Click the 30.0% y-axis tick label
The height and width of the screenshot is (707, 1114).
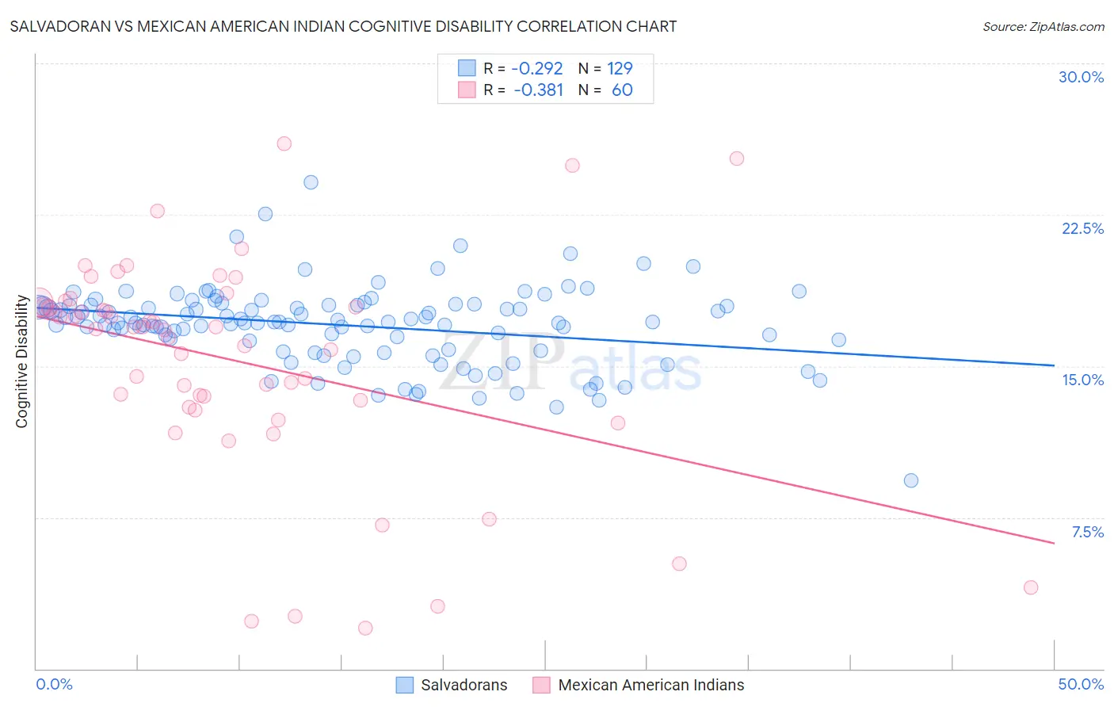point(1081,77)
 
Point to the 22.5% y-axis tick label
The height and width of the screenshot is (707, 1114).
point(1082,228)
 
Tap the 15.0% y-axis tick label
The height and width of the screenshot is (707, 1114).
point(1082,380)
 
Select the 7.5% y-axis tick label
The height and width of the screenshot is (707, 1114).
point(1087,532)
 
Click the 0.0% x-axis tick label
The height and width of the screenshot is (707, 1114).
point(54,684)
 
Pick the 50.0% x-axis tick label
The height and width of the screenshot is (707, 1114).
point(1081,684)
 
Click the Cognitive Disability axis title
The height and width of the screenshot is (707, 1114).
point(22,361)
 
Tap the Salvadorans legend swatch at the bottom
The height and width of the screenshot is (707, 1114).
point(405,685)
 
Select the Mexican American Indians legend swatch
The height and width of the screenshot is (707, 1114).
point(542,685)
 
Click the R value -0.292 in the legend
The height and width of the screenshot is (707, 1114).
point(536,69)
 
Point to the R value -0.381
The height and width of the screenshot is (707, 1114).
point(538,90)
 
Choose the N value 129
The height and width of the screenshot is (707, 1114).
point(620,69)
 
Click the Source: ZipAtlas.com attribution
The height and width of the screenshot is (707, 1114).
point(1043,27)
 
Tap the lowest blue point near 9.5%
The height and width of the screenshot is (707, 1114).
point(911,480)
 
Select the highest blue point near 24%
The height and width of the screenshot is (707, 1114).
point(311,182)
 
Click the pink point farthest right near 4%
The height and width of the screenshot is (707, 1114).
point(1031,587)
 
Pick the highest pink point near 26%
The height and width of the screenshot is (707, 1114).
point(284,143)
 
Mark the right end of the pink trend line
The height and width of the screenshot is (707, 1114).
point(1054,543)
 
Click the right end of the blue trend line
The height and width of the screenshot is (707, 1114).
point(1054,365)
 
